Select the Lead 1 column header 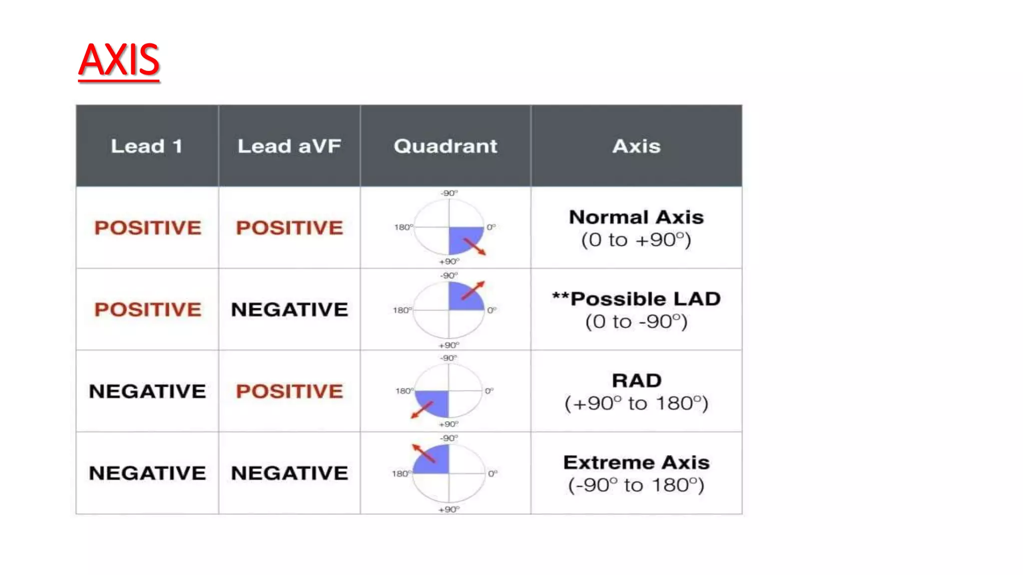pos(146,146)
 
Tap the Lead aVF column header pos(289,146)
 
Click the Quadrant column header pos(445,146)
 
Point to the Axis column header pos(636,146)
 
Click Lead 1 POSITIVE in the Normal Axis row pos(148,228)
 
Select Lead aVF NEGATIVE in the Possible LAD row pos(289,309)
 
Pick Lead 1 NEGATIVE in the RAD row pos(147,391)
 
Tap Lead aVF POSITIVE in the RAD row pos(289,391)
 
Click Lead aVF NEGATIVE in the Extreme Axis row pos(289,473)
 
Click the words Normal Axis pos(636,217)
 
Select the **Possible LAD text pos(636,299)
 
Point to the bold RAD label pos(636,381)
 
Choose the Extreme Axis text pos(636,463)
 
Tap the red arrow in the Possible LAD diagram pos(473,290)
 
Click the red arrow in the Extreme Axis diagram pos(424,453)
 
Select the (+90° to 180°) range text pos(636,403)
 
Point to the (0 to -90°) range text pos(636,322)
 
